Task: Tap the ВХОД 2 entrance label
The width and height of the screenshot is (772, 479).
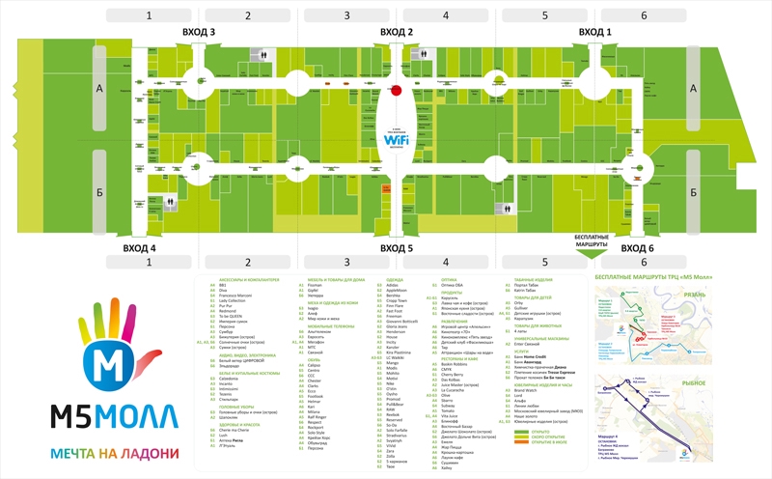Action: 397,32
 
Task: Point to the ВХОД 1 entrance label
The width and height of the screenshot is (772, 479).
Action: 595,32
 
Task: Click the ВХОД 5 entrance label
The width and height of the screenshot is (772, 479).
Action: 397,248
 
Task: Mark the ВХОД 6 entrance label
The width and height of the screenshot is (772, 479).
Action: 638,248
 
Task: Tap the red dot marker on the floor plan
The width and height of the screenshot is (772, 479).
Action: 397,92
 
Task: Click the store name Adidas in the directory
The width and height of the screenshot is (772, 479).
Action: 391,285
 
